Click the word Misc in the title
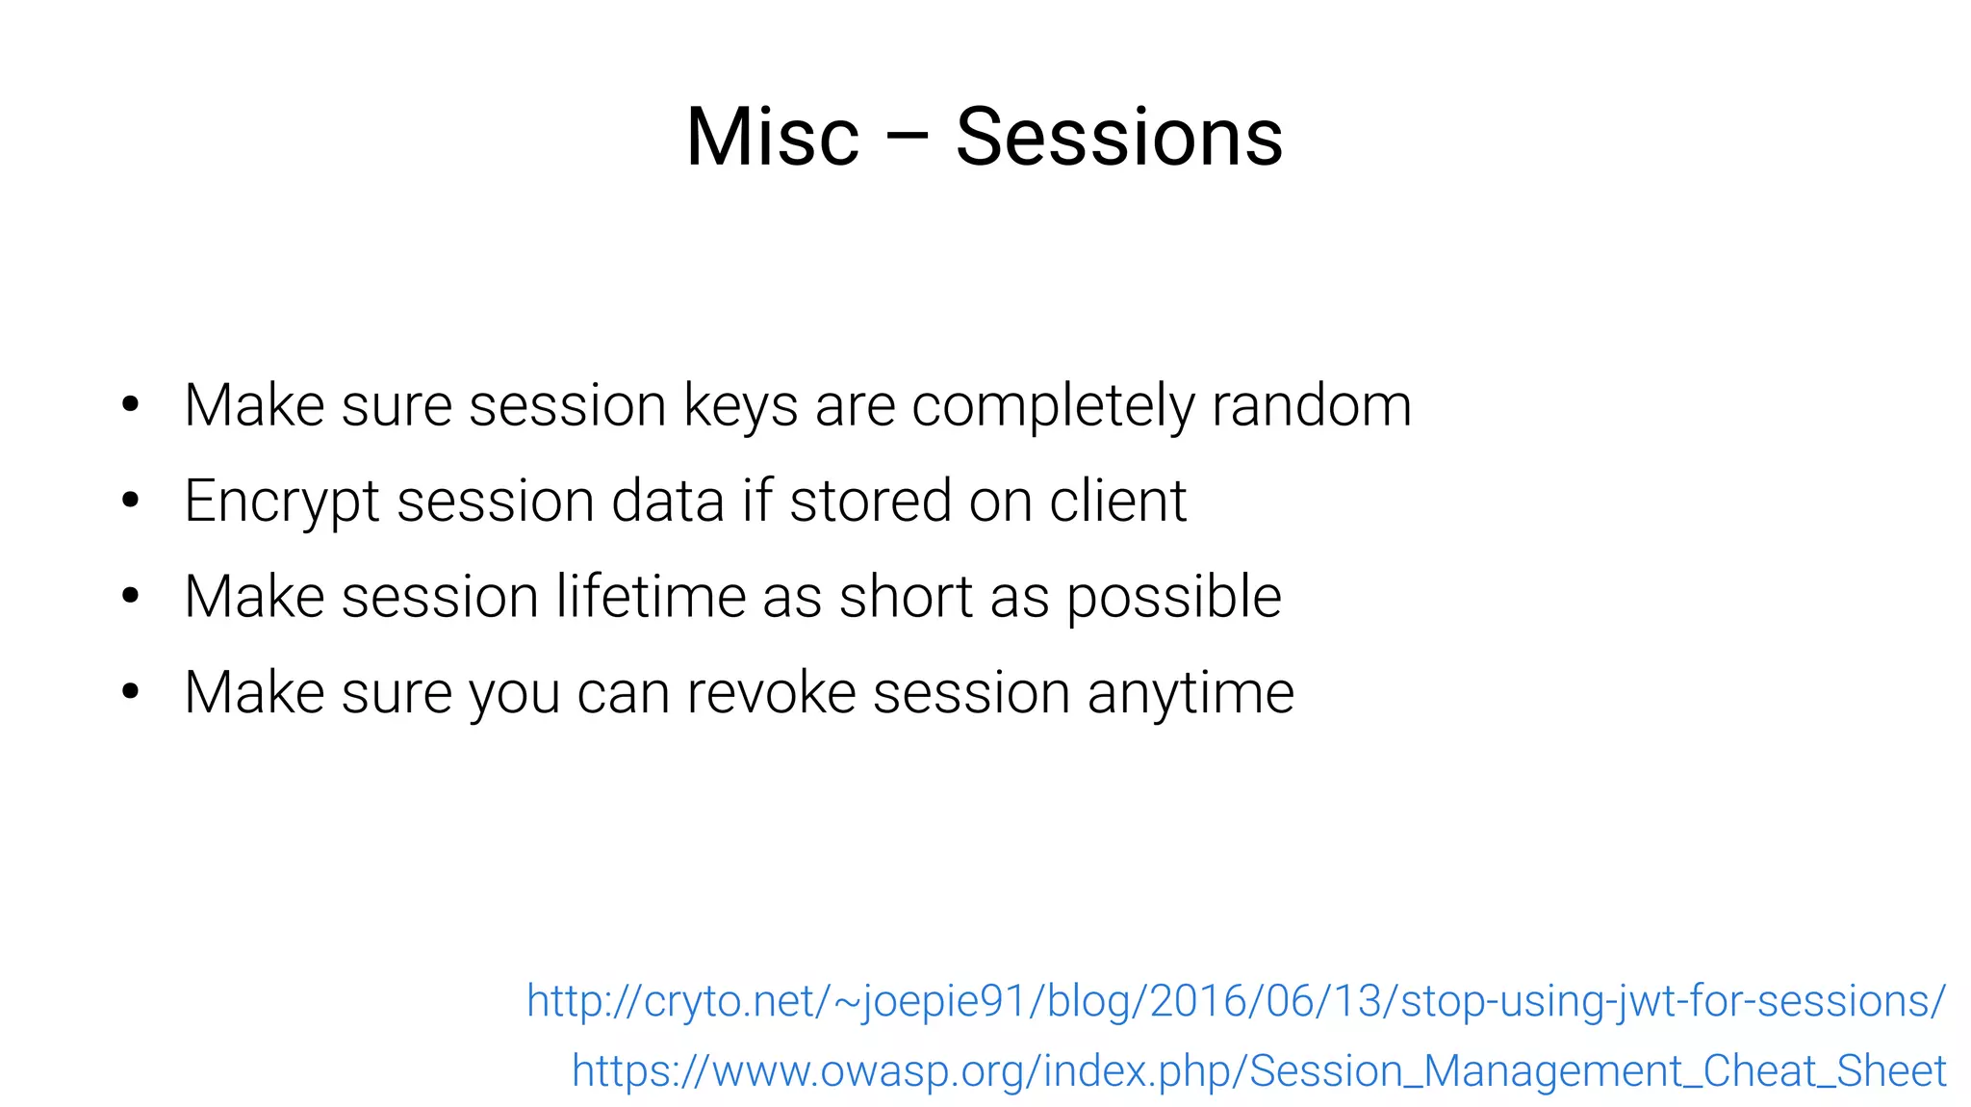point(772,137)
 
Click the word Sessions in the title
point(1118,137)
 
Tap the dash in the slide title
point(907,137)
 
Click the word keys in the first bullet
point(740,406)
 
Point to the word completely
point(1053,406)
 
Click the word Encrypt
point(282,502)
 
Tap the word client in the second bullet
point(1117,501)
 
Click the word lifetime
point(651,596)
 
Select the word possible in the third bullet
point(1173,598)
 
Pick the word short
point(906,596)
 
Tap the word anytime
point(1190,694)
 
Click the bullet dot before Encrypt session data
point(131,500)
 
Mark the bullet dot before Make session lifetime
point(131,595)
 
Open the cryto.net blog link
point(1236,1001)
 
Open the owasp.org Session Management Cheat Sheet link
point(1258,1070)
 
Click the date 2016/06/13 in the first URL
point(1266,1001)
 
